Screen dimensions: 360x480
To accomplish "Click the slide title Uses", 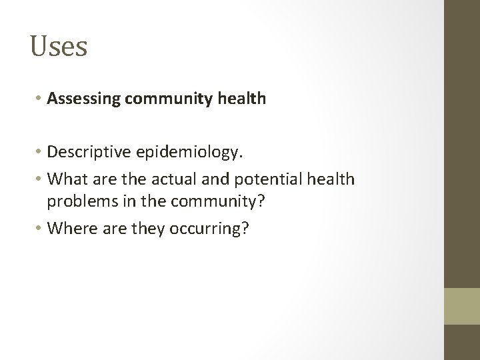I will (59, 47).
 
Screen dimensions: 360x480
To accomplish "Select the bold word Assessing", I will (83, 99).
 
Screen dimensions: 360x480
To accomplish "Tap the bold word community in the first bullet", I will (169, 99).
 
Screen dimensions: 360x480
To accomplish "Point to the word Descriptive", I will (93, 155).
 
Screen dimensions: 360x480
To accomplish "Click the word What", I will (69, 180).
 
